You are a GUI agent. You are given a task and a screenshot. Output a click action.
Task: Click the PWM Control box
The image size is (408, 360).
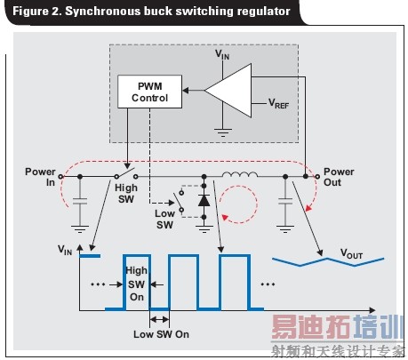pyautogui.click(x=148, y=91)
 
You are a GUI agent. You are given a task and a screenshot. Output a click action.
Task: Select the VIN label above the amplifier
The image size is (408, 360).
pyautogui.click(x=222, y=54)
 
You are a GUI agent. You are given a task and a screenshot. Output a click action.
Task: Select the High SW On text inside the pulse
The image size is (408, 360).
pyautogui.click(x=137, y=284)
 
